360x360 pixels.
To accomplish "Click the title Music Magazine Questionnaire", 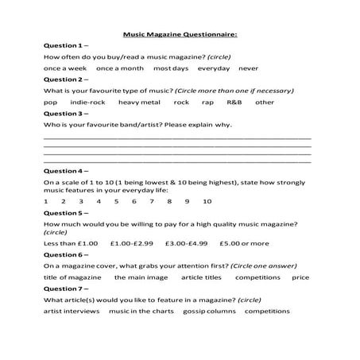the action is [x=180, y=34].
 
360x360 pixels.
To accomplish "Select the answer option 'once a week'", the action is [x=65, y=68].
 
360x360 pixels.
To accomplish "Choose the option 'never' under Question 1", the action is [x=248, y=68].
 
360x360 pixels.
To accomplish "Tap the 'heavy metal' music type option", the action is [x=139, y=102].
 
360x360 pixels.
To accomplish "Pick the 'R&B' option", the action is [x=234, y=102].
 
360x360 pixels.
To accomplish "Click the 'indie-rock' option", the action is [x=87, y=102].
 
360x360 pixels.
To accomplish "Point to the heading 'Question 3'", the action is [x=64, y=114].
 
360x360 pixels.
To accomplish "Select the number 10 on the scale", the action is [x=207, y=201].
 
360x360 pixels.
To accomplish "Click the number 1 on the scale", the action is [x=46, y=201].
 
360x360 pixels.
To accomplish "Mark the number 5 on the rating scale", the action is [x=116, y=201].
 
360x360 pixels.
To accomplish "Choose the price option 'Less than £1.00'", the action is [x=71, y=243].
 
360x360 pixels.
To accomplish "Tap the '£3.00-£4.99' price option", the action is [x=186, y=243].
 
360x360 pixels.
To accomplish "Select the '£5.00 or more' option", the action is [x=244, y=243].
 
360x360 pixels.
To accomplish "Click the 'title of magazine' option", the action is [x=73, y=277].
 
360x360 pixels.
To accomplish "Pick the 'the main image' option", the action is [x=141, y=277].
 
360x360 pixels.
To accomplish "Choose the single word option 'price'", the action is [x=300, y=277].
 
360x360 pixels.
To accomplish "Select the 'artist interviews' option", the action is [x=72, y=311].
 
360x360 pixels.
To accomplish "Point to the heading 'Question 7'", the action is [x=64, y=288].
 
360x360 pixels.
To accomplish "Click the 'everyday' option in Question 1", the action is [x=213, y=68].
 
